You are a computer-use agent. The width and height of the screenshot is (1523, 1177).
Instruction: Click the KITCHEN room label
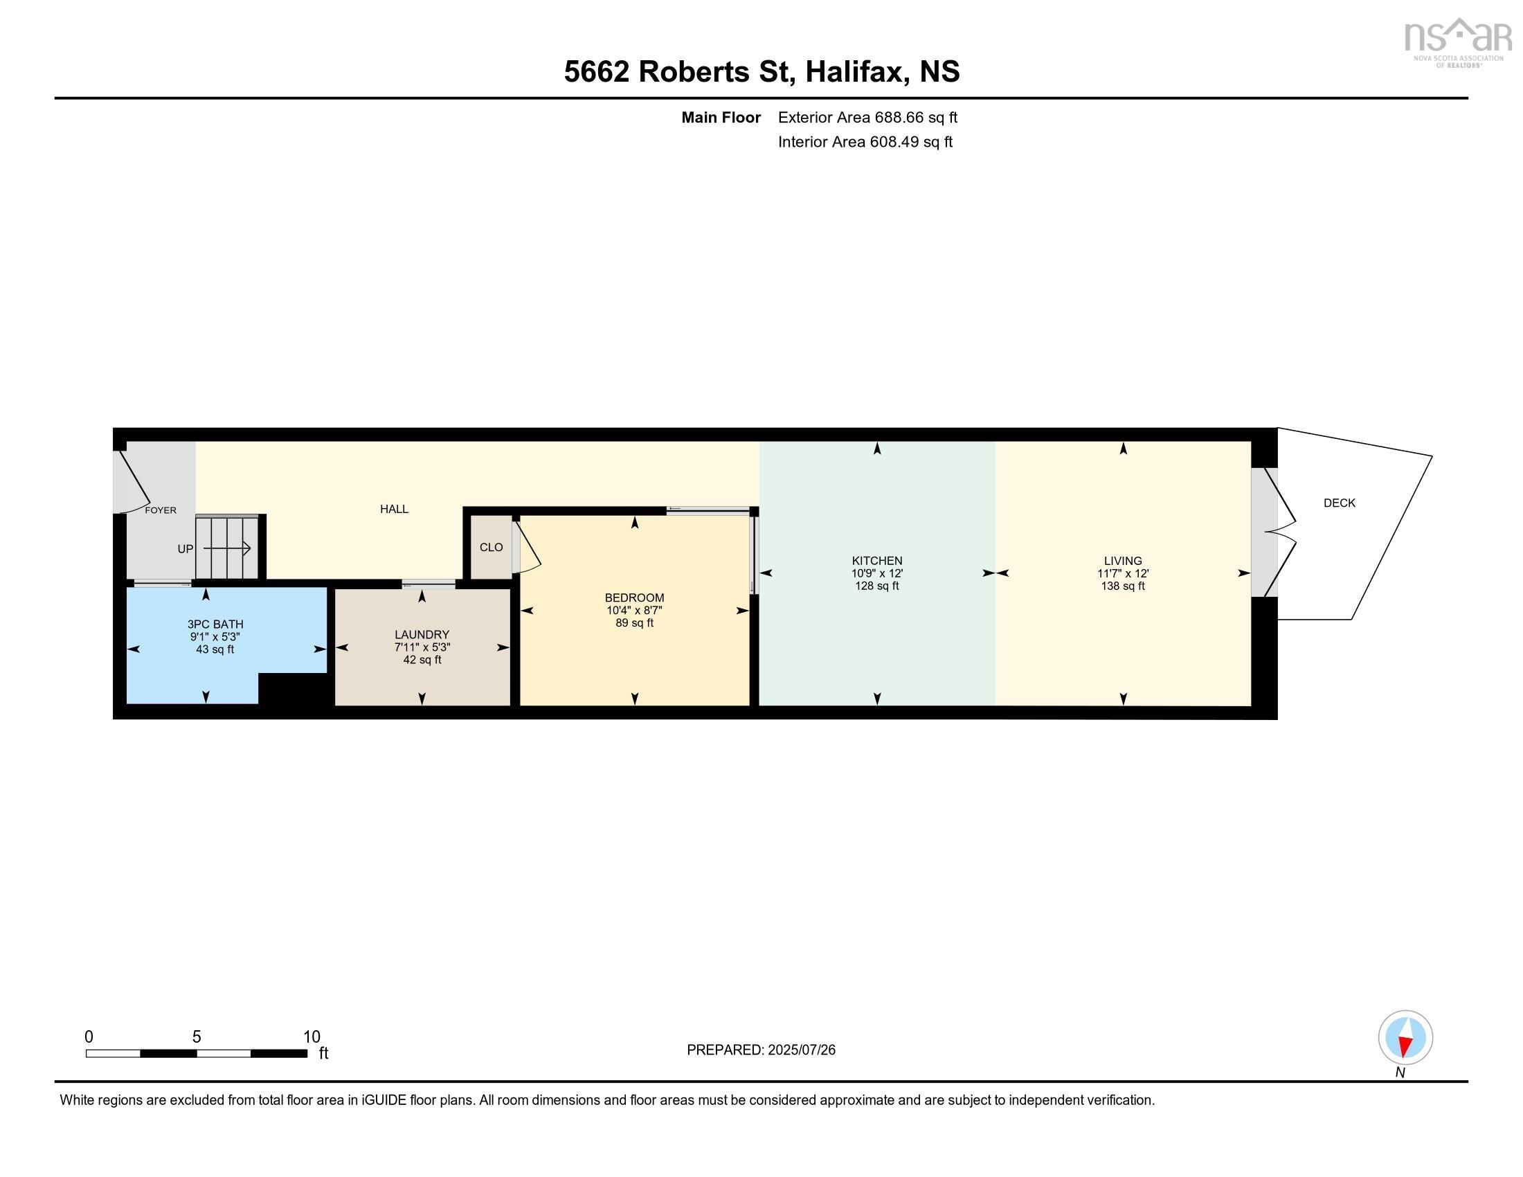coord(876,561)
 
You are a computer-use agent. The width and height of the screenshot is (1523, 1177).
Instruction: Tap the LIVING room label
coord(1122,561)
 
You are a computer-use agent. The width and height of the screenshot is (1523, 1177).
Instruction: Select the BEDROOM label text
coord(634,598)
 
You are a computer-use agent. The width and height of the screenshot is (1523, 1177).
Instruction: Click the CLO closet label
coord(491,548)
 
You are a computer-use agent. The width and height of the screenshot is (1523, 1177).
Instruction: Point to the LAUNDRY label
coord(422,634)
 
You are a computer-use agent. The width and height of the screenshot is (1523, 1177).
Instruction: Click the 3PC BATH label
coord(215,624)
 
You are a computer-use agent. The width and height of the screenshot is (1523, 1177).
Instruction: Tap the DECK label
coord(1339,503)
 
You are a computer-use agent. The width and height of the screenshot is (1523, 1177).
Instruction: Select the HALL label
coord(394,509)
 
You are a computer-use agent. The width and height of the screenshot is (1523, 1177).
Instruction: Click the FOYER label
coord(161,510)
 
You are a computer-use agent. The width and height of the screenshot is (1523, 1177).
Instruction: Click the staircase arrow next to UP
coord(227,549)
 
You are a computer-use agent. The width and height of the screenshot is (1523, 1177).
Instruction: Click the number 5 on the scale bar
coord(197,1037)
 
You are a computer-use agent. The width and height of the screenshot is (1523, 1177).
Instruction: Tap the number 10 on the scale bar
coord(312,1037)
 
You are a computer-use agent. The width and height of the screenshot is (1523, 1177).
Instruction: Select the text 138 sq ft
coord(1122,586)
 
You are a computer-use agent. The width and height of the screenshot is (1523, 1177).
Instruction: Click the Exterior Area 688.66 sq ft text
coord(867,118)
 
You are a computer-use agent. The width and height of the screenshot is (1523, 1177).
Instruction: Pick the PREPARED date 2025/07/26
coord(800,1050)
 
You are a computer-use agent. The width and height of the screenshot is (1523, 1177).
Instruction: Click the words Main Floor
coord(721,118)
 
